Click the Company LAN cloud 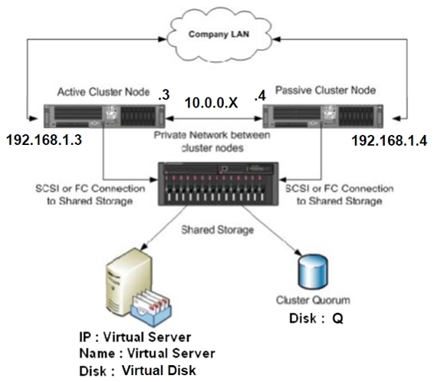point(219,35)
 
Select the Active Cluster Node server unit point(104,117)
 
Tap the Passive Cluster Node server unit point(323,117)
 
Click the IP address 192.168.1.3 point(44,140)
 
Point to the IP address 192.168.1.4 point(390,140)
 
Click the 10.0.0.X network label point(211,103)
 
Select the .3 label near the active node point(164,95)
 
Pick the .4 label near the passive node point(260,95)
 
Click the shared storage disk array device point(218,184)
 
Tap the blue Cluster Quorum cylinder point(313,272)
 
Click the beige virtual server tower point(129,282)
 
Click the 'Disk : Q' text point(316,318)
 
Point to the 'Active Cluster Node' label point(104,92)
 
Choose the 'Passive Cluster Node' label point(325,91)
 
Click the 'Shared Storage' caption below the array point(218,230)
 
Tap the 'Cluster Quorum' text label point(313,300)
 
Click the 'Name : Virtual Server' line point(147,354)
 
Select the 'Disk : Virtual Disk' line point(137,370)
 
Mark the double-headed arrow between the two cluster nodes point(214,118)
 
